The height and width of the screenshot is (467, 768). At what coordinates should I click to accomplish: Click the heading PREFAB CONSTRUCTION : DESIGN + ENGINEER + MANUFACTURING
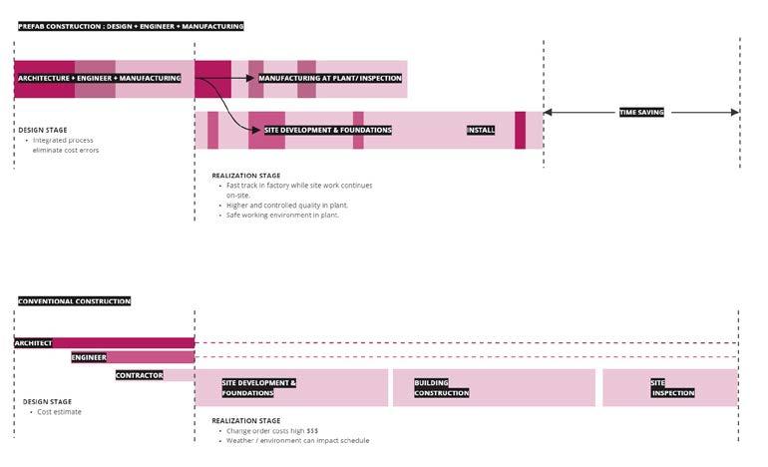point(131,26)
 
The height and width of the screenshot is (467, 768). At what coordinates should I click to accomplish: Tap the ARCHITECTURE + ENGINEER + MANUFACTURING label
point(99,78)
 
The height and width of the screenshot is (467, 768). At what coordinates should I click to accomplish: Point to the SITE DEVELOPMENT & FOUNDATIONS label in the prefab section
point(328,130)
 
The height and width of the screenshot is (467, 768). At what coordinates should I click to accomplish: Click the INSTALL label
point(481,130)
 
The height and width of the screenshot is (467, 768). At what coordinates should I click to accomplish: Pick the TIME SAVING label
point(641,113)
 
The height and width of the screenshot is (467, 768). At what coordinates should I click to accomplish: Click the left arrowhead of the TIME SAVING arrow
point(548,113)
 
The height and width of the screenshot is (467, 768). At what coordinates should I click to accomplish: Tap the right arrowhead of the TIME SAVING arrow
point(735,113)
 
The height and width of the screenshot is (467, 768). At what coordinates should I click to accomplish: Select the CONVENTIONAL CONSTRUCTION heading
point(74,301)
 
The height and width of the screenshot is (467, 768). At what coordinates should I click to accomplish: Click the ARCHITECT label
point(33,343)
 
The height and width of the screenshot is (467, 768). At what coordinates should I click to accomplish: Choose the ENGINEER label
point(89,357)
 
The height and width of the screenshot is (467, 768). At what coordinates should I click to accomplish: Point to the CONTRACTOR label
point(139,375)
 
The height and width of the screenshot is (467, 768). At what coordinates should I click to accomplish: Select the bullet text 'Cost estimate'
point(59,412)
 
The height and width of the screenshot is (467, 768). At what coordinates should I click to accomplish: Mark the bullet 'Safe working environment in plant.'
point(282,215)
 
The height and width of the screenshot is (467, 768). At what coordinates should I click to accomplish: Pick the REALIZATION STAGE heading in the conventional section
point(245,420)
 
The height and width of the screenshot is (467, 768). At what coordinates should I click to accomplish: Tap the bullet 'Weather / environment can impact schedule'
point(297,440)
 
